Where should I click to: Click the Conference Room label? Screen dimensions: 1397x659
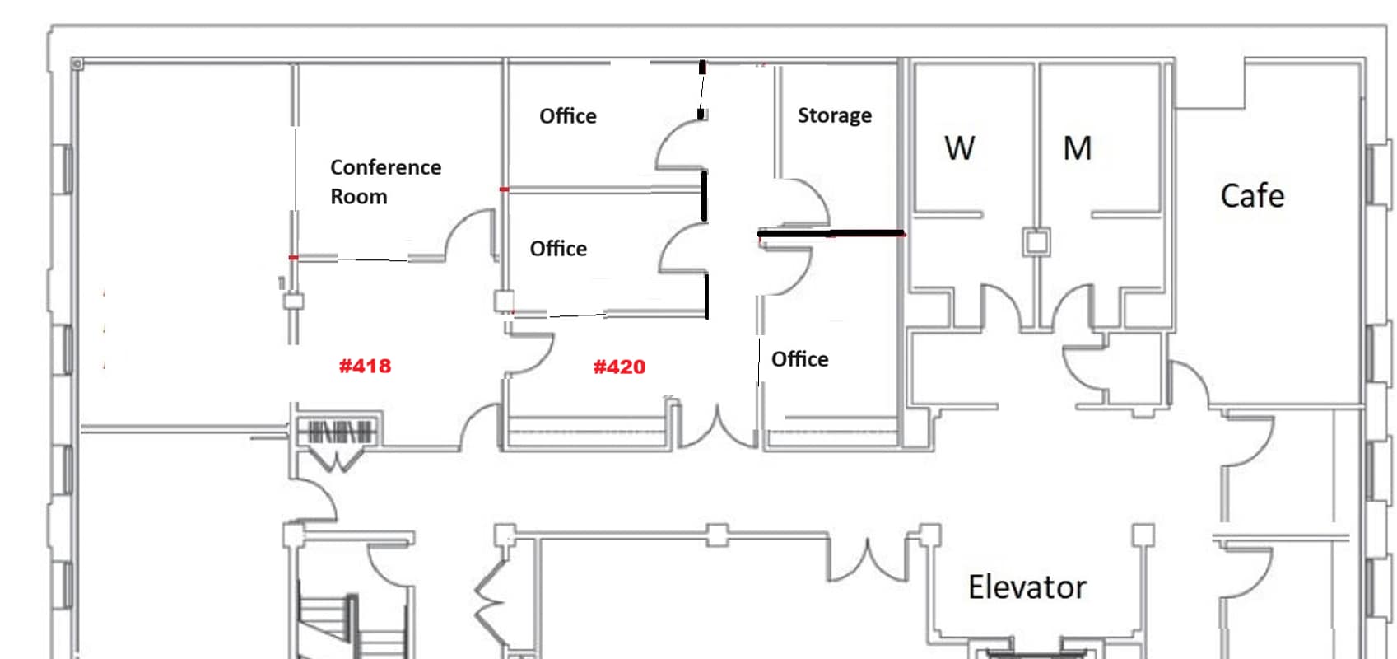pos(385,181)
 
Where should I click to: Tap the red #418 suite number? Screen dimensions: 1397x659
pos(365,366)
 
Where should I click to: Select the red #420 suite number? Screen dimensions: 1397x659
pos(619,367)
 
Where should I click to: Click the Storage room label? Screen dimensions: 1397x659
pos(835,115)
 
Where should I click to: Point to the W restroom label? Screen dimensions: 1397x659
pos(959,148)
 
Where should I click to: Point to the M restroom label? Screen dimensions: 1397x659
pos(1077,148)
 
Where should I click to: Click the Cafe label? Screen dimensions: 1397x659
pos(1252,195)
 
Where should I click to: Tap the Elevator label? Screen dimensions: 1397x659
pos(1027,587)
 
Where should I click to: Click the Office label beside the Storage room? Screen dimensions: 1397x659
pos(567,116)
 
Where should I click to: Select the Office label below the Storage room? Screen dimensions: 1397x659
pos(799,359)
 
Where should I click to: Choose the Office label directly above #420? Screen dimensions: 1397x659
pos(558,249)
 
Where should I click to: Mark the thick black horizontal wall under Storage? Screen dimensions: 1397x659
pos(831,233)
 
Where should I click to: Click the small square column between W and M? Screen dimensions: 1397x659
pos(1036,241)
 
